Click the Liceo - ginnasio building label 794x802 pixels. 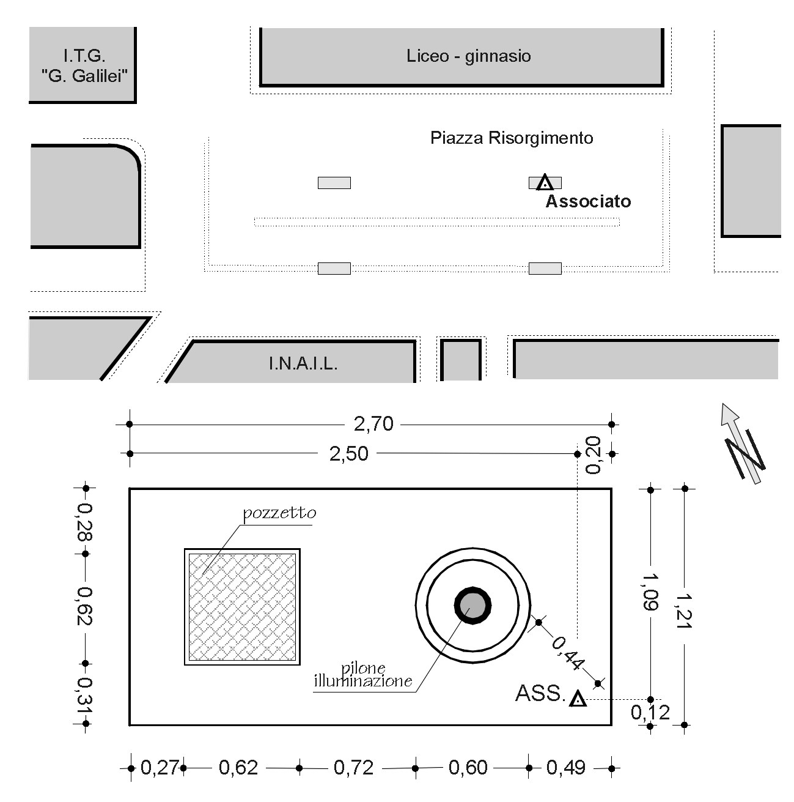(468, 56)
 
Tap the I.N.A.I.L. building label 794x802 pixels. (303, 364)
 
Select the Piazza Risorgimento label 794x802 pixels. (511, 138)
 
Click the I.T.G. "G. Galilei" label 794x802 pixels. (84, 65)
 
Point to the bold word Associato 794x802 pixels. (588, 201)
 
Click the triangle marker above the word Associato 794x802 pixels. (545, 183)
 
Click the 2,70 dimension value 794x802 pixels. (373, 424)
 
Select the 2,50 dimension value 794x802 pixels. (348, 454)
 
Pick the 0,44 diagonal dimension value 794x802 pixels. (568, 653)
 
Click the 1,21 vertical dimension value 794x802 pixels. (684, 611)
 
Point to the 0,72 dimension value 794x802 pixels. (353, 768)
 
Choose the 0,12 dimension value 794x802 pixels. (650, 713)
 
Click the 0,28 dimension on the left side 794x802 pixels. (85, 522)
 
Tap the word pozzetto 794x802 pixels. (279, 513)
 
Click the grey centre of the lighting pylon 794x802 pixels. (472, 606)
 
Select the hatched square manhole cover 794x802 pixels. (242, 607)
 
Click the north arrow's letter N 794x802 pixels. (744, 455)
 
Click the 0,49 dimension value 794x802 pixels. (565, 768)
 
